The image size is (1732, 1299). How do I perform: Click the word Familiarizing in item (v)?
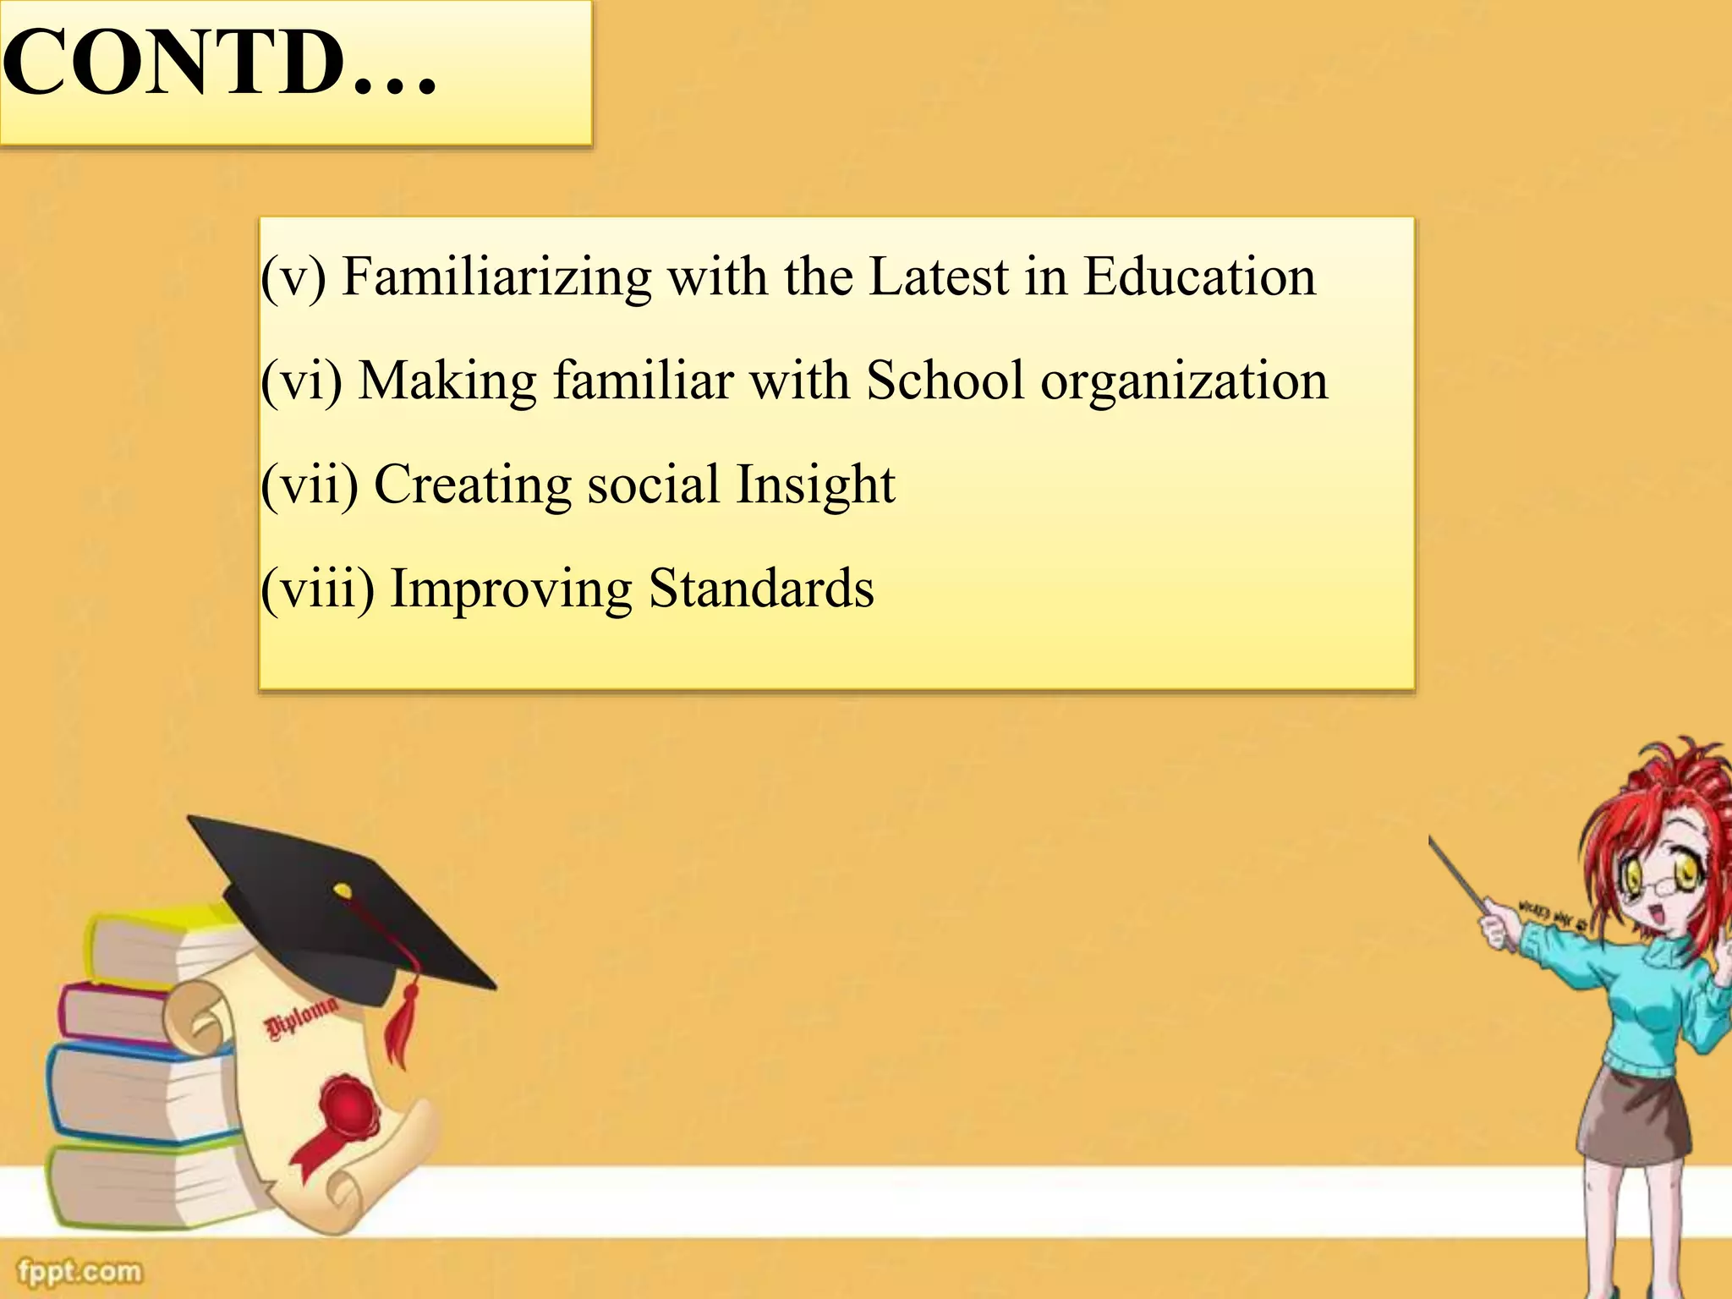tap(496, 277)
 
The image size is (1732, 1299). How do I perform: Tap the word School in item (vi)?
tap(945, 381)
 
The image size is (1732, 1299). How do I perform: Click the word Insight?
tap(815, 485)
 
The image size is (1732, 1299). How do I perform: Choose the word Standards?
tap(761, 589)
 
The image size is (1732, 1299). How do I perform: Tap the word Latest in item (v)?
tap(939, 277)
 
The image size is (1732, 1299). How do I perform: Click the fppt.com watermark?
tap(80, 1271)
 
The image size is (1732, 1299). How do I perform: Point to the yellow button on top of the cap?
tap(343, 891)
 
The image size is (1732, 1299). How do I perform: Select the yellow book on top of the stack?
tap(161, 943)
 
